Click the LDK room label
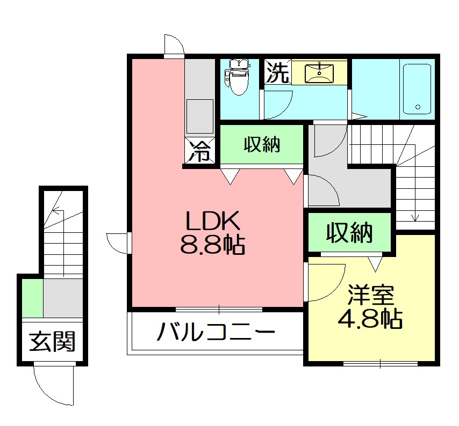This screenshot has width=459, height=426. [x=212, y=221]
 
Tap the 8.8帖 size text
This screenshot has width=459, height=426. [x=212, y=246]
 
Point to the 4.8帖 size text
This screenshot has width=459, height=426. [x=370, y=320]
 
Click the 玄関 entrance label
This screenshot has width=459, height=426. [x=52, y=342]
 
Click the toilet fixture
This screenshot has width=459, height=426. [x=237, y=78]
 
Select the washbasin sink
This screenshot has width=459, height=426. [x=319, y=72]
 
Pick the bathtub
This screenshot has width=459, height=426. [x=417, y=89]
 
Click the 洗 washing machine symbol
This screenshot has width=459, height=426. [x=277, y=72]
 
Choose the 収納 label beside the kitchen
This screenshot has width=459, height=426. [x=262, y=144]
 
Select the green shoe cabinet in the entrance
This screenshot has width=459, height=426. [x=32, y=298]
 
